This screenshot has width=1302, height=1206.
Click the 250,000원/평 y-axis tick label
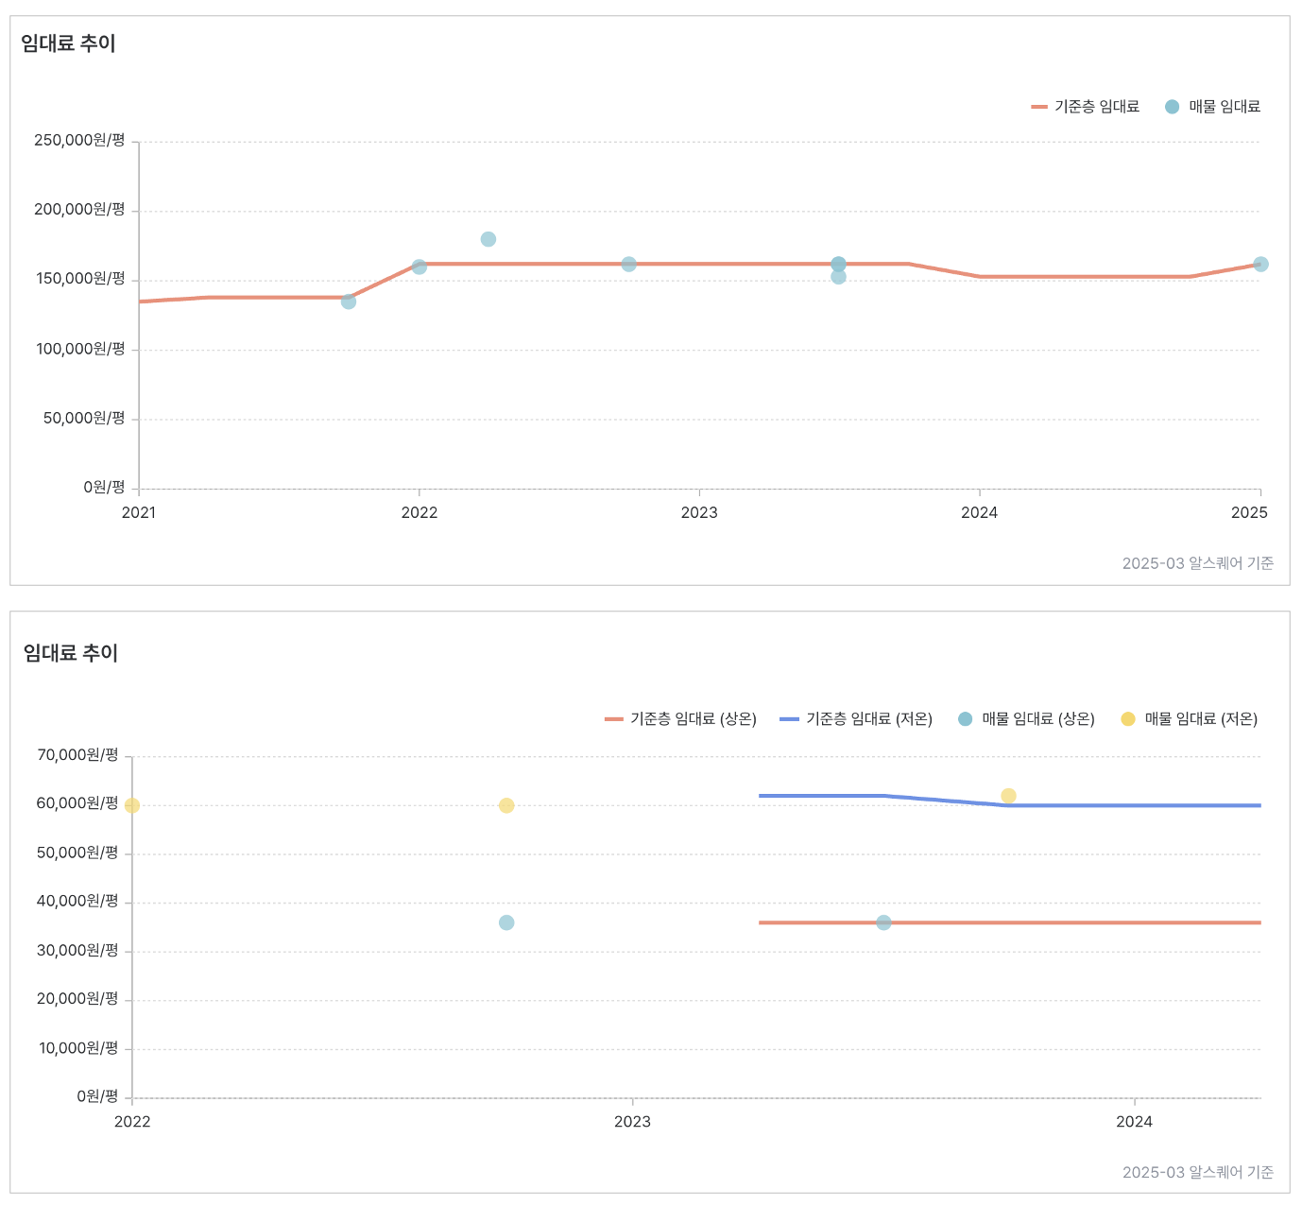pos(79,141)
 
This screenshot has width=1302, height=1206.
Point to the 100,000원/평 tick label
pos(80,350)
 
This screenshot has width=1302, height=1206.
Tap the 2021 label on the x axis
pos(139,513)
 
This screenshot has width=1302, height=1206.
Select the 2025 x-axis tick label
pos(1249,513)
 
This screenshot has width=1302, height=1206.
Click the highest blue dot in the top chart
pos(488,239)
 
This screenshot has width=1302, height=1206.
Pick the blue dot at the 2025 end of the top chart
pos(1260,265)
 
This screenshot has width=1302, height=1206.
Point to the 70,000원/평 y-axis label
pos(77,755)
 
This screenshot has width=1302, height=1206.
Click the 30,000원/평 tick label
pos(77,951)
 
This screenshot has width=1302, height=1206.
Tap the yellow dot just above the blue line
pos(1008,796)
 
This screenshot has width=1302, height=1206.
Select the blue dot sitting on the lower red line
pos(883,922)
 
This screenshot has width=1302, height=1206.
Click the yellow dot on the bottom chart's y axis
pos(132,805)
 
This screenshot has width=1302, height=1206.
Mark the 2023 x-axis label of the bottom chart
pos(632,1122)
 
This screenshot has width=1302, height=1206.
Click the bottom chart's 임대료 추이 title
pos(71,653)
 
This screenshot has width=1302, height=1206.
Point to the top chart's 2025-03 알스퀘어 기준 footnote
pos(1197,563)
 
